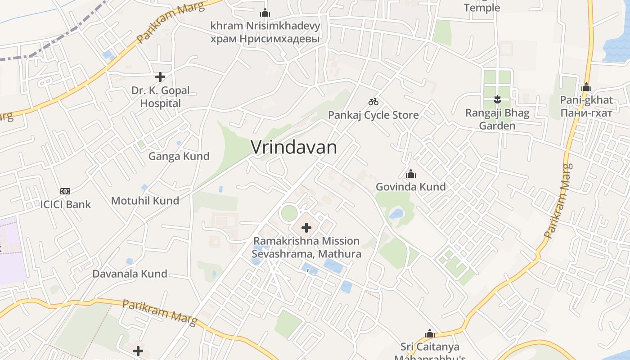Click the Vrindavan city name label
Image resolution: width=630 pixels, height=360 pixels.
click(293, 148)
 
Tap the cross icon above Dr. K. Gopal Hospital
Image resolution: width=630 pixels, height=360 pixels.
click(160, 77)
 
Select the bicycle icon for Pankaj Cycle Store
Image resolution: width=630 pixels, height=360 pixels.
click(373, 102)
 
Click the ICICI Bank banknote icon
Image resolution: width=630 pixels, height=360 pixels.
click(65, 191)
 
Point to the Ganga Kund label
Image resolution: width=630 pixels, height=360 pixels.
click(179, 156)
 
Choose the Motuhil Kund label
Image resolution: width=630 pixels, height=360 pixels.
click(145, 201)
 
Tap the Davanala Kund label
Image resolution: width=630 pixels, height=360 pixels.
click(130, 274)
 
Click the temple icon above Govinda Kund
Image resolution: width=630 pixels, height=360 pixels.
click(410, 174)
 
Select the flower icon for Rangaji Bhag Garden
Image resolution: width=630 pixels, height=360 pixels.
click(497, 99)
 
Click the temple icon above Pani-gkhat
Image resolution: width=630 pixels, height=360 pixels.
click(586, 87)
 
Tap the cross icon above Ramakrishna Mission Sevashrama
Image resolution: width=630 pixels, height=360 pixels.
click(306, 228)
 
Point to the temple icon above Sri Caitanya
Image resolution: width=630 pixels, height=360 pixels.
click(430, 334)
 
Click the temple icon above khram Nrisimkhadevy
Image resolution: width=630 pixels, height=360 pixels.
click(265, 13)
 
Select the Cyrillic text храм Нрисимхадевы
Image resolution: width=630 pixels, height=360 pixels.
click(265, 39)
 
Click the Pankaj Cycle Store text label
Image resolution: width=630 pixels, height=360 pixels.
click(373, 115)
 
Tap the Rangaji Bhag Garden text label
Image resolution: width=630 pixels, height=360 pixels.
click(497, 119)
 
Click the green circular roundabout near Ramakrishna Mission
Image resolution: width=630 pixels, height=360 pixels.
click(289, 213)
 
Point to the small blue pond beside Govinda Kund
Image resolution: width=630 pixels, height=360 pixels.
click(396, 214)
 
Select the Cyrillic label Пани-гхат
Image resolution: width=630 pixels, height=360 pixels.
click(586, 112)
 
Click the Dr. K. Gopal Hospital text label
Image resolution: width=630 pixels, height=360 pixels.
click(160, 97)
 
